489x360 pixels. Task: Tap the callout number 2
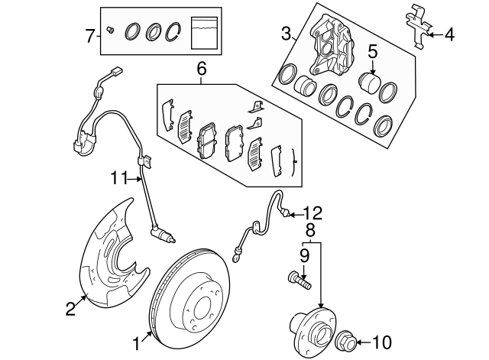(70, 309)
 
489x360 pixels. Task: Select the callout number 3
(286, 34)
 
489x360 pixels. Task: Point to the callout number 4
(449, 34)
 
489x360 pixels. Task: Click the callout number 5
(373, 52)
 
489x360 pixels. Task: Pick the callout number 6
(202, 69)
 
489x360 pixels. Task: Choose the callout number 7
(89, 34)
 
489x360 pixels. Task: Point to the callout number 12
(313, 213)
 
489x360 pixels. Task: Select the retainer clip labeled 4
(418, 27)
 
